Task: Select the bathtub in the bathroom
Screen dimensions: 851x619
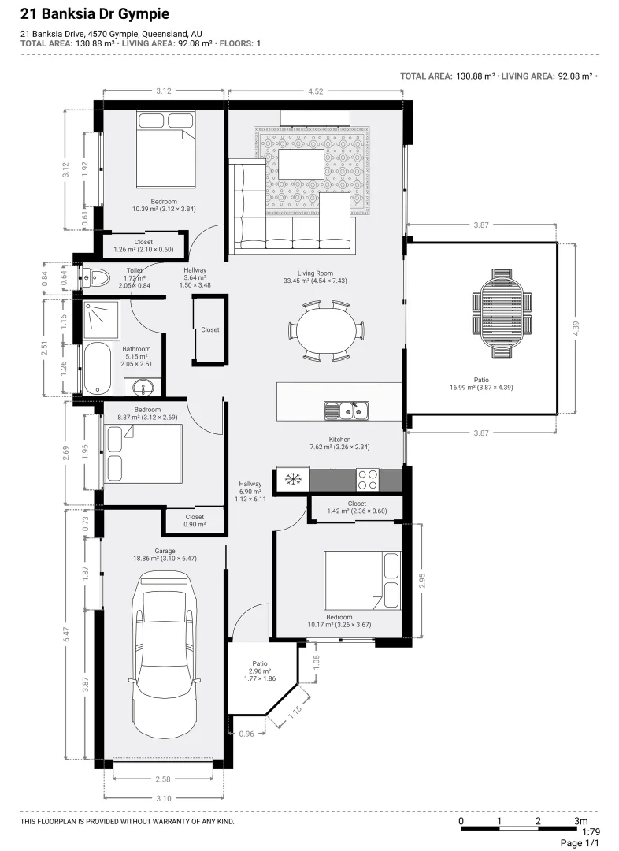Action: pyautogui.click(x=98, y=368)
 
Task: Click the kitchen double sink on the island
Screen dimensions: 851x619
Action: pyautogui.click(x=346, y=411)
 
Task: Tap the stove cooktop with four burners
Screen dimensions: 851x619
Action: pyautogui.click(x=368, y=479)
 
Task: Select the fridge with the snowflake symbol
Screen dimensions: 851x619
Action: pyautogui.click(x=292, y=479)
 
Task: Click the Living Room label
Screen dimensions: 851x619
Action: pyautogui.click(x=315, y=273)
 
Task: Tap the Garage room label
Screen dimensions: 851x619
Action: pyautogui.click(x=165, y=551)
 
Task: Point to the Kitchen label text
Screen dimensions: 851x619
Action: pyautogui.click(x=339, y=440)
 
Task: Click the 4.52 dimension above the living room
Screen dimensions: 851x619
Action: pyautogui.click(x=315, y=91)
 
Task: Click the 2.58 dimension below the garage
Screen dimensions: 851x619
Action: pyautogui.click(x=162, y=779)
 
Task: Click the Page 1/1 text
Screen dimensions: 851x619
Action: pyautogui.click(x=580, y=843)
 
